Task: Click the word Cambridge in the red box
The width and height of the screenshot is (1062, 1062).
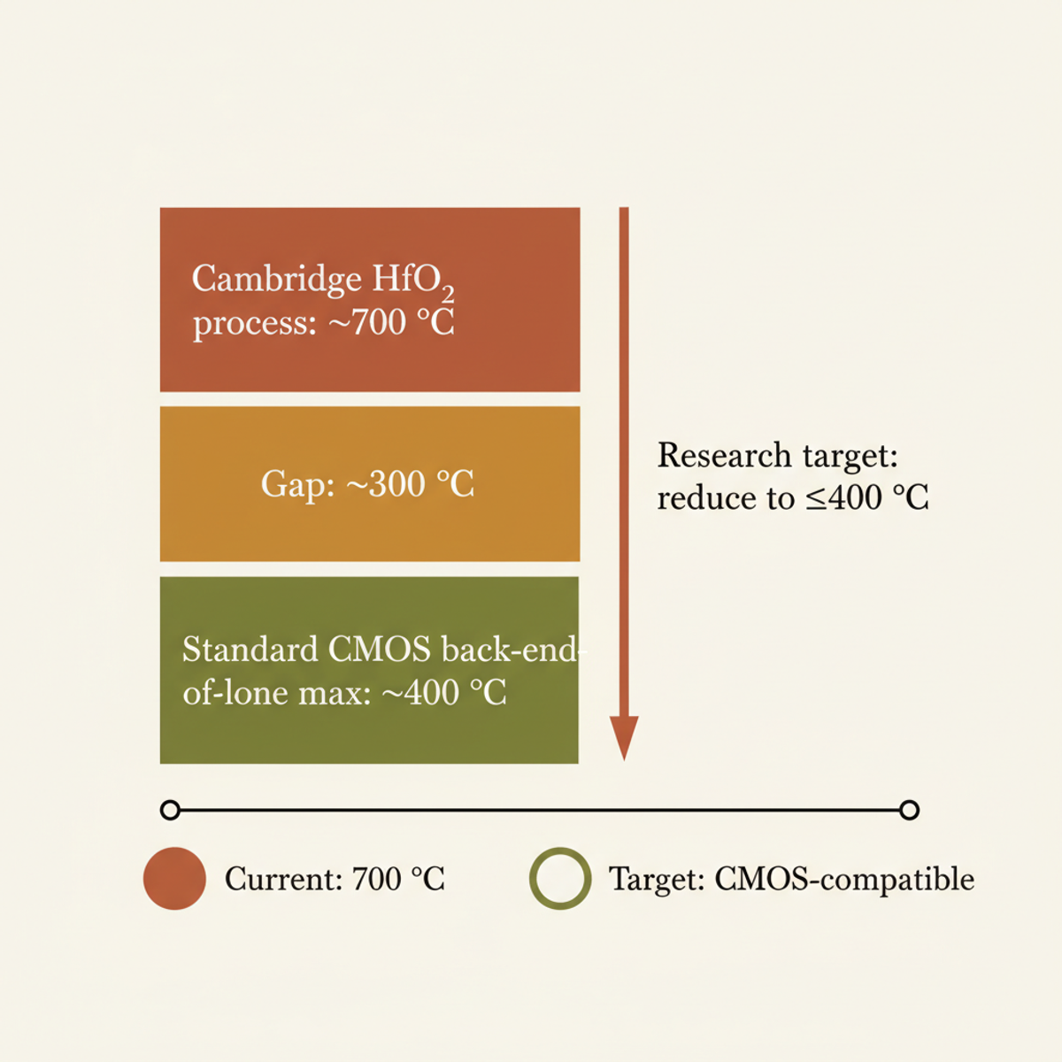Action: point(276,280)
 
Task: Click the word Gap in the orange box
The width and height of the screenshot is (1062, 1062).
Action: point(296,484)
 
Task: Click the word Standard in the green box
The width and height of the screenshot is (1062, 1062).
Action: point(250,650)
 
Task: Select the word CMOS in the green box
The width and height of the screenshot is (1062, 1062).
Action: point(380,650)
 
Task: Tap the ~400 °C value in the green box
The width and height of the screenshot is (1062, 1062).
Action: point(444,692)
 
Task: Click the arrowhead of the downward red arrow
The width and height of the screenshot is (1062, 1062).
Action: point(624,736)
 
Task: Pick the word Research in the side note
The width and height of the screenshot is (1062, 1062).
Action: point(724,456)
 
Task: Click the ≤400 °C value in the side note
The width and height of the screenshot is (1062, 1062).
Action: point(866,497)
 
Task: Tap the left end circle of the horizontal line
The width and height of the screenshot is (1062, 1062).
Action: point(171,810)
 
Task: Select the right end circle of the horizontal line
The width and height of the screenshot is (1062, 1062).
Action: point(909,810)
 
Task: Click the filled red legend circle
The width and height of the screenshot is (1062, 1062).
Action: point(174,879)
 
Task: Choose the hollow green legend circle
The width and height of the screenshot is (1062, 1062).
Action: point(560,879)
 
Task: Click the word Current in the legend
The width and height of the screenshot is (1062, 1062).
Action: point(282,879)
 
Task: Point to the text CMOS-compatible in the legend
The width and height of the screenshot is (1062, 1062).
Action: point(844,879)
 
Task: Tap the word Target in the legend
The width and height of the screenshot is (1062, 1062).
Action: point(656,879)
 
